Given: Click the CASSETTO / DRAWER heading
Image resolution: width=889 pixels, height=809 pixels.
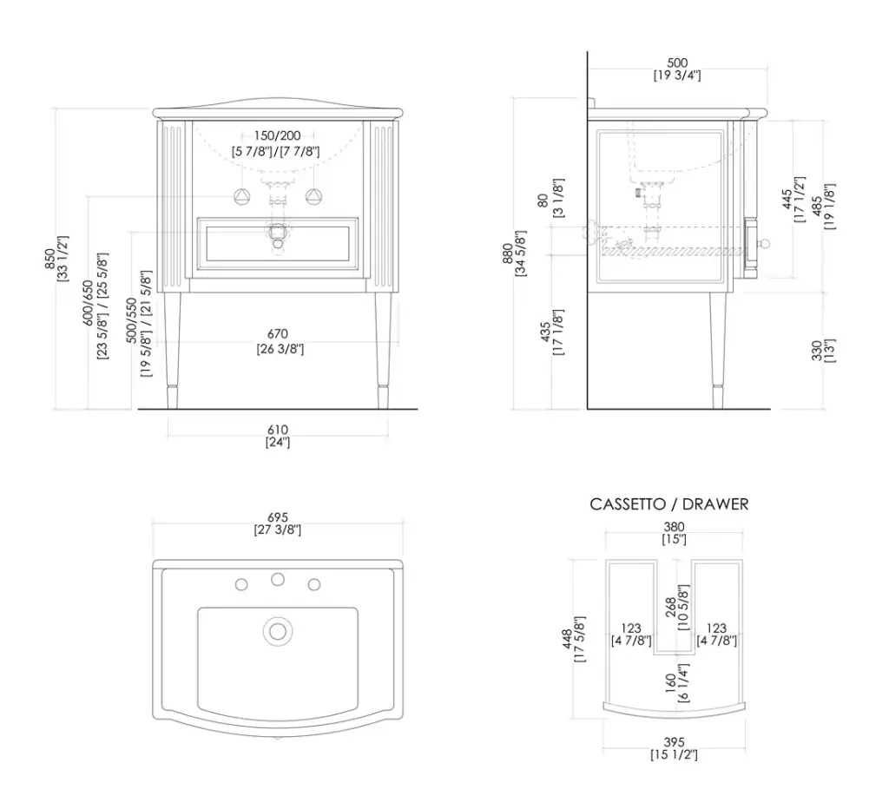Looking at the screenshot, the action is click(x=669, y=504).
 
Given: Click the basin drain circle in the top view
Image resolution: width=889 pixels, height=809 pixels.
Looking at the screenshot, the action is click(x=277, y=631).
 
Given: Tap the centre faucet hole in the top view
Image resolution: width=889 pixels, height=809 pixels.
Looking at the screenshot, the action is click(x=277, y=579).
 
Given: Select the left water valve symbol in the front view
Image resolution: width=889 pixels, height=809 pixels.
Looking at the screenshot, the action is click(x=242, y=197).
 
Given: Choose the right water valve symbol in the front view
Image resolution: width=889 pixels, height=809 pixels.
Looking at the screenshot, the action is click(x=313, y=197).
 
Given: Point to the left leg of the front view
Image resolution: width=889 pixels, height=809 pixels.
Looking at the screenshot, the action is click(x=172, y=351).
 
